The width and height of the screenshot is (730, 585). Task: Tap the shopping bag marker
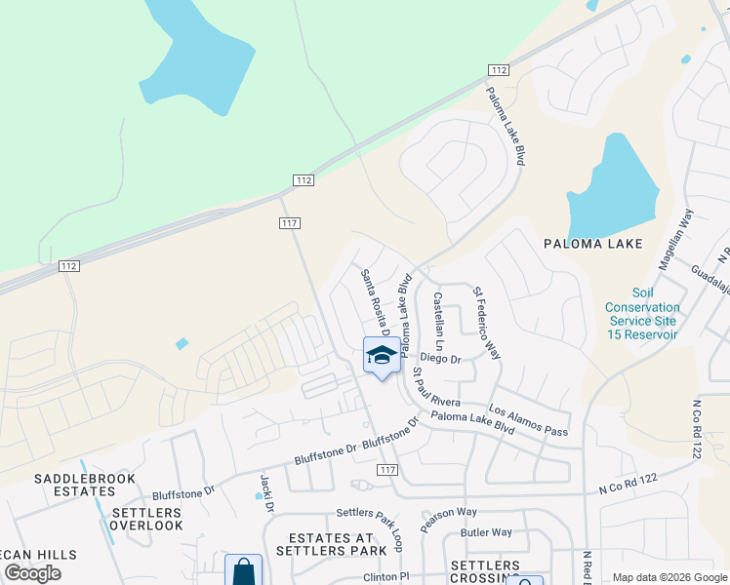243,571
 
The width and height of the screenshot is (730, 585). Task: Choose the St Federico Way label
485,323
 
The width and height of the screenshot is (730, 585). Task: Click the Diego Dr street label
441,358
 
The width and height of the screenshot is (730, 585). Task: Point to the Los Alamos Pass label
528,421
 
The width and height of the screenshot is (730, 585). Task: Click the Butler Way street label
486,532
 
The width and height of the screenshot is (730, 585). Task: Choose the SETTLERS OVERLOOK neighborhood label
146,519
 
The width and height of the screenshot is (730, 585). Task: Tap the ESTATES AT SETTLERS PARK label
332,544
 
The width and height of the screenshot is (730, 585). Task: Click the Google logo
33,573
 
